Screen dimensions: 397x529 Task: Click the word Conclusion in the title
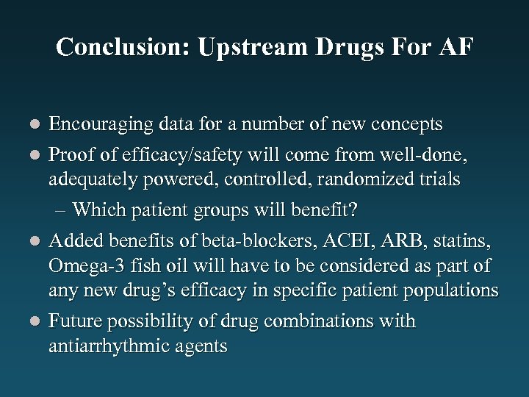(x=119, y=47)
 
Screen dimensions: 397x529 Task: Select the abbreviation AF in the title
(x=456, y=47)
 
